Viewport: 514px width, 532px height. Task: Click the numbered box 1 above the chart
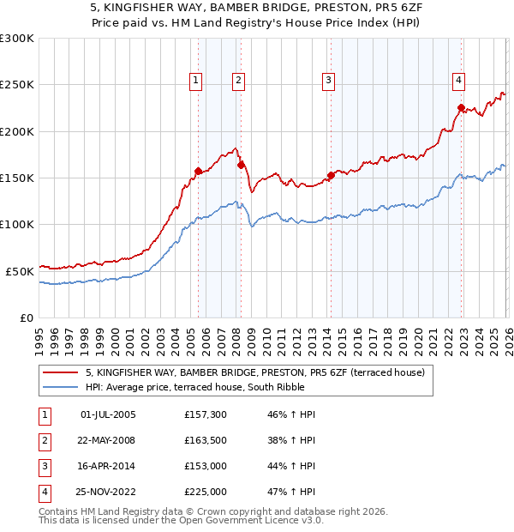pos(196,81)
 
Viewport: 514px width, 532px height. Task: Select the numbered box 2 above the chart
pos(237,81)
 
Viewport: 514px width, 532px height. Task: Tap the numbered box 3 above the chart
pos(328,81)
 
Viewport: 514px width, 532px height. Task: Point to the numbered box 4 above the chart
pos(459,81)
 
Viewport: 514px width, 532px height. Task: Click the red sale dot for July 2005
pos(198,171)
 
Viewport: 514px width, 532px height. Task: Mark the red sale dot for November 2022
pos(461,108)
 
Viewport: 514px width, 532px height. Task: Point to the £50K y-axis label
pos(20,271)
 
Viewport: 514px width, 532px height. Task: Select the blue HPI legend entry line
pos(61,387)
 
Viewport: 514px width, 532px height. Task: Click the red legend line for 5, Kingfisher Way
pos(61,372)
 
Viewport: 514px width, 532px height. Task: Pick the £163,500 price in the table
pos(206,440)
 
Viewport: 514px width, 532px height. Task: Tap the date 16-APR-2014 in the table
pos(108,466)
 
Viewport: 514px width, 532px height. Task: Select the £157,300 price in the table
pos(206,414)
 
